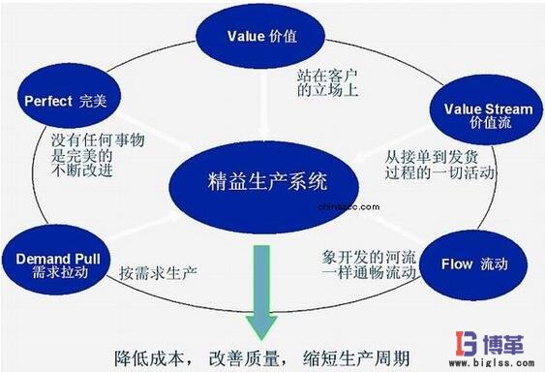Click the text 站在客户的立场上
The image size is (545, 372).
click(x=329, y=82)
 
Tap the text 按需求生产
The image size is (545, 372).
click(x=157, y=273)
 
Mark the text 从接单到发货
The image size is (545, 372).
click(x=427, y=155)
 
